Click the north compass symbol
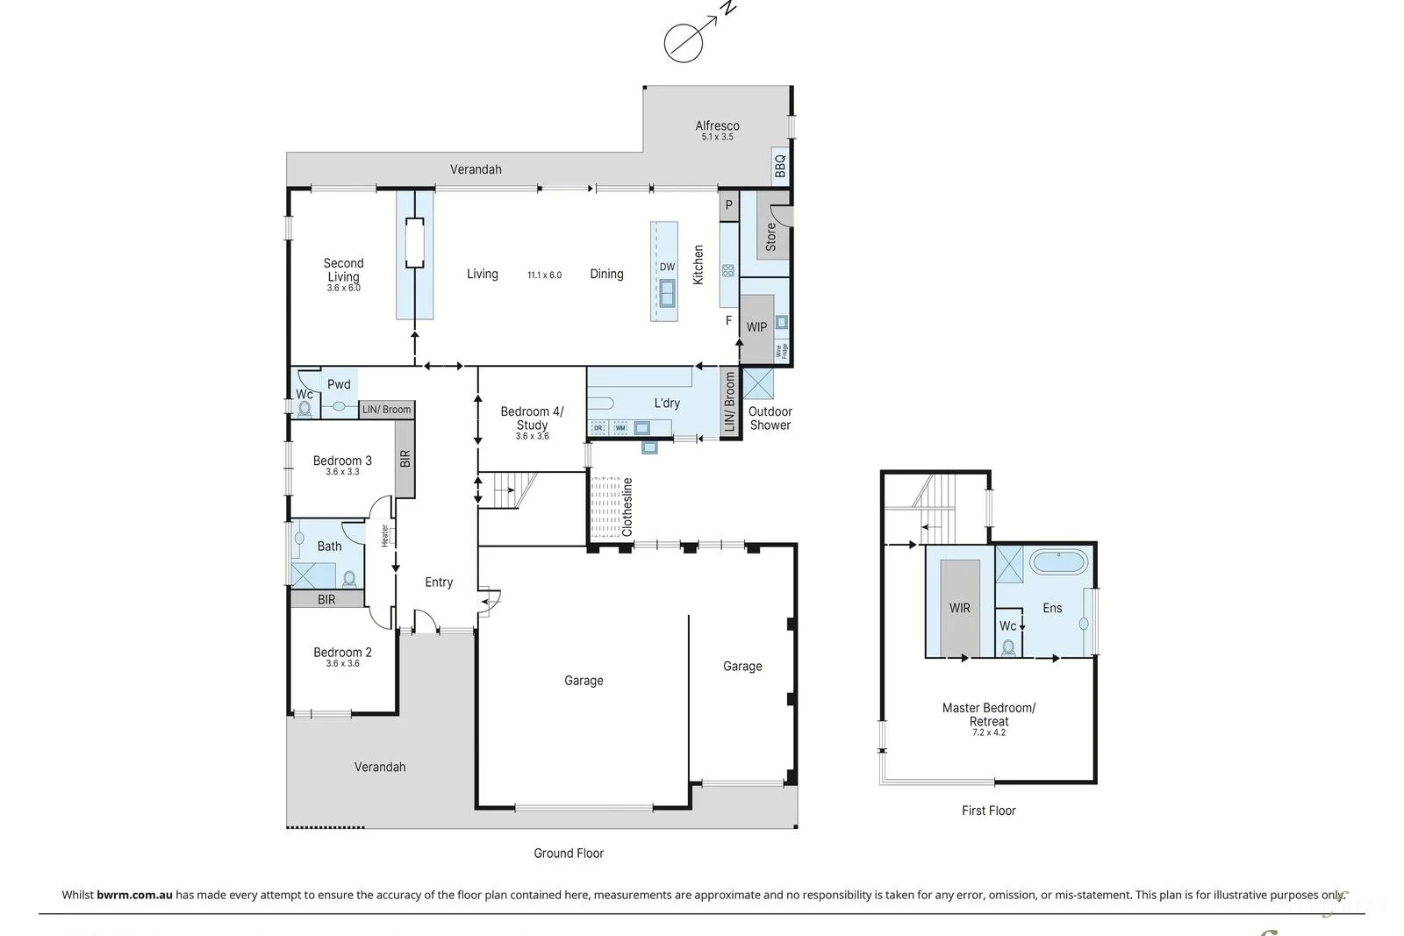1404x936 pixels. tap(684, 42)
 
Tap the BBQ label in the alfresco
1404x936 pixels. tap(780, 166)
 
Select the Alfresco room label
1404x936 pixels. tap(717, 125)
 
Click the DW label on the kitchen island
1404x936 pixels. tap(667, 267)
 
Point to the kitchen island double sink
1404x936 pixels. tap(667, 292)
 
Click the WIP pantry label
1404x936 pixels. tap(756, 327)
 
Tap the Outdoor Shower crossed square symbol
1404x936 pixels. tap(758, 384)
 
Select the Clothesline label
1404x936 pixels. tap(627, 507)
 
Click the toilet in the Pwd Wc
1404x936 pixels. tap(304, 409)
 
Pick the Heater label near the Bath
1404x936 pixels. tap(384, 535)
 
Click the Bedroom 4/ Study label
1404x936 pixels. tap(532, 418)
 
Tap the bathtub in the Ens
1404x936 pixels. tap(1057, 561)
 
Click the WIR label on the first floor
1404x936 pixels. tap(959, 608)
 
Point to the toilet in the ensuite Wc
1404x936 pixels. tap(1008, 647)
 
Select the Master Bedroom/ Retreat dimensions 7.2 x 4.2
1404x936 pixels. tap(989, 732)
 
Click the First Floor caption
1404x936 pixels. tap(988, 811)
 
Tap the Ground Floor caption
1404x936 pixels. tap(569, 853)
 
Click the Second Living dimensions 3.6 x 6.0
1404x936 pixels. tap(343, 288)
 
